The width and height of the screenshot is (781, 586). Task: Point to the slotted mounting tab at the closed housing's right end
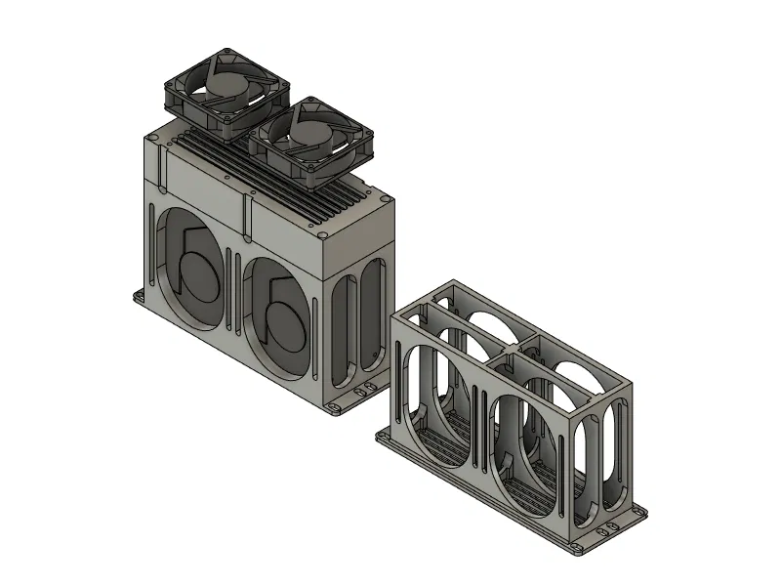[368, 391]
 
